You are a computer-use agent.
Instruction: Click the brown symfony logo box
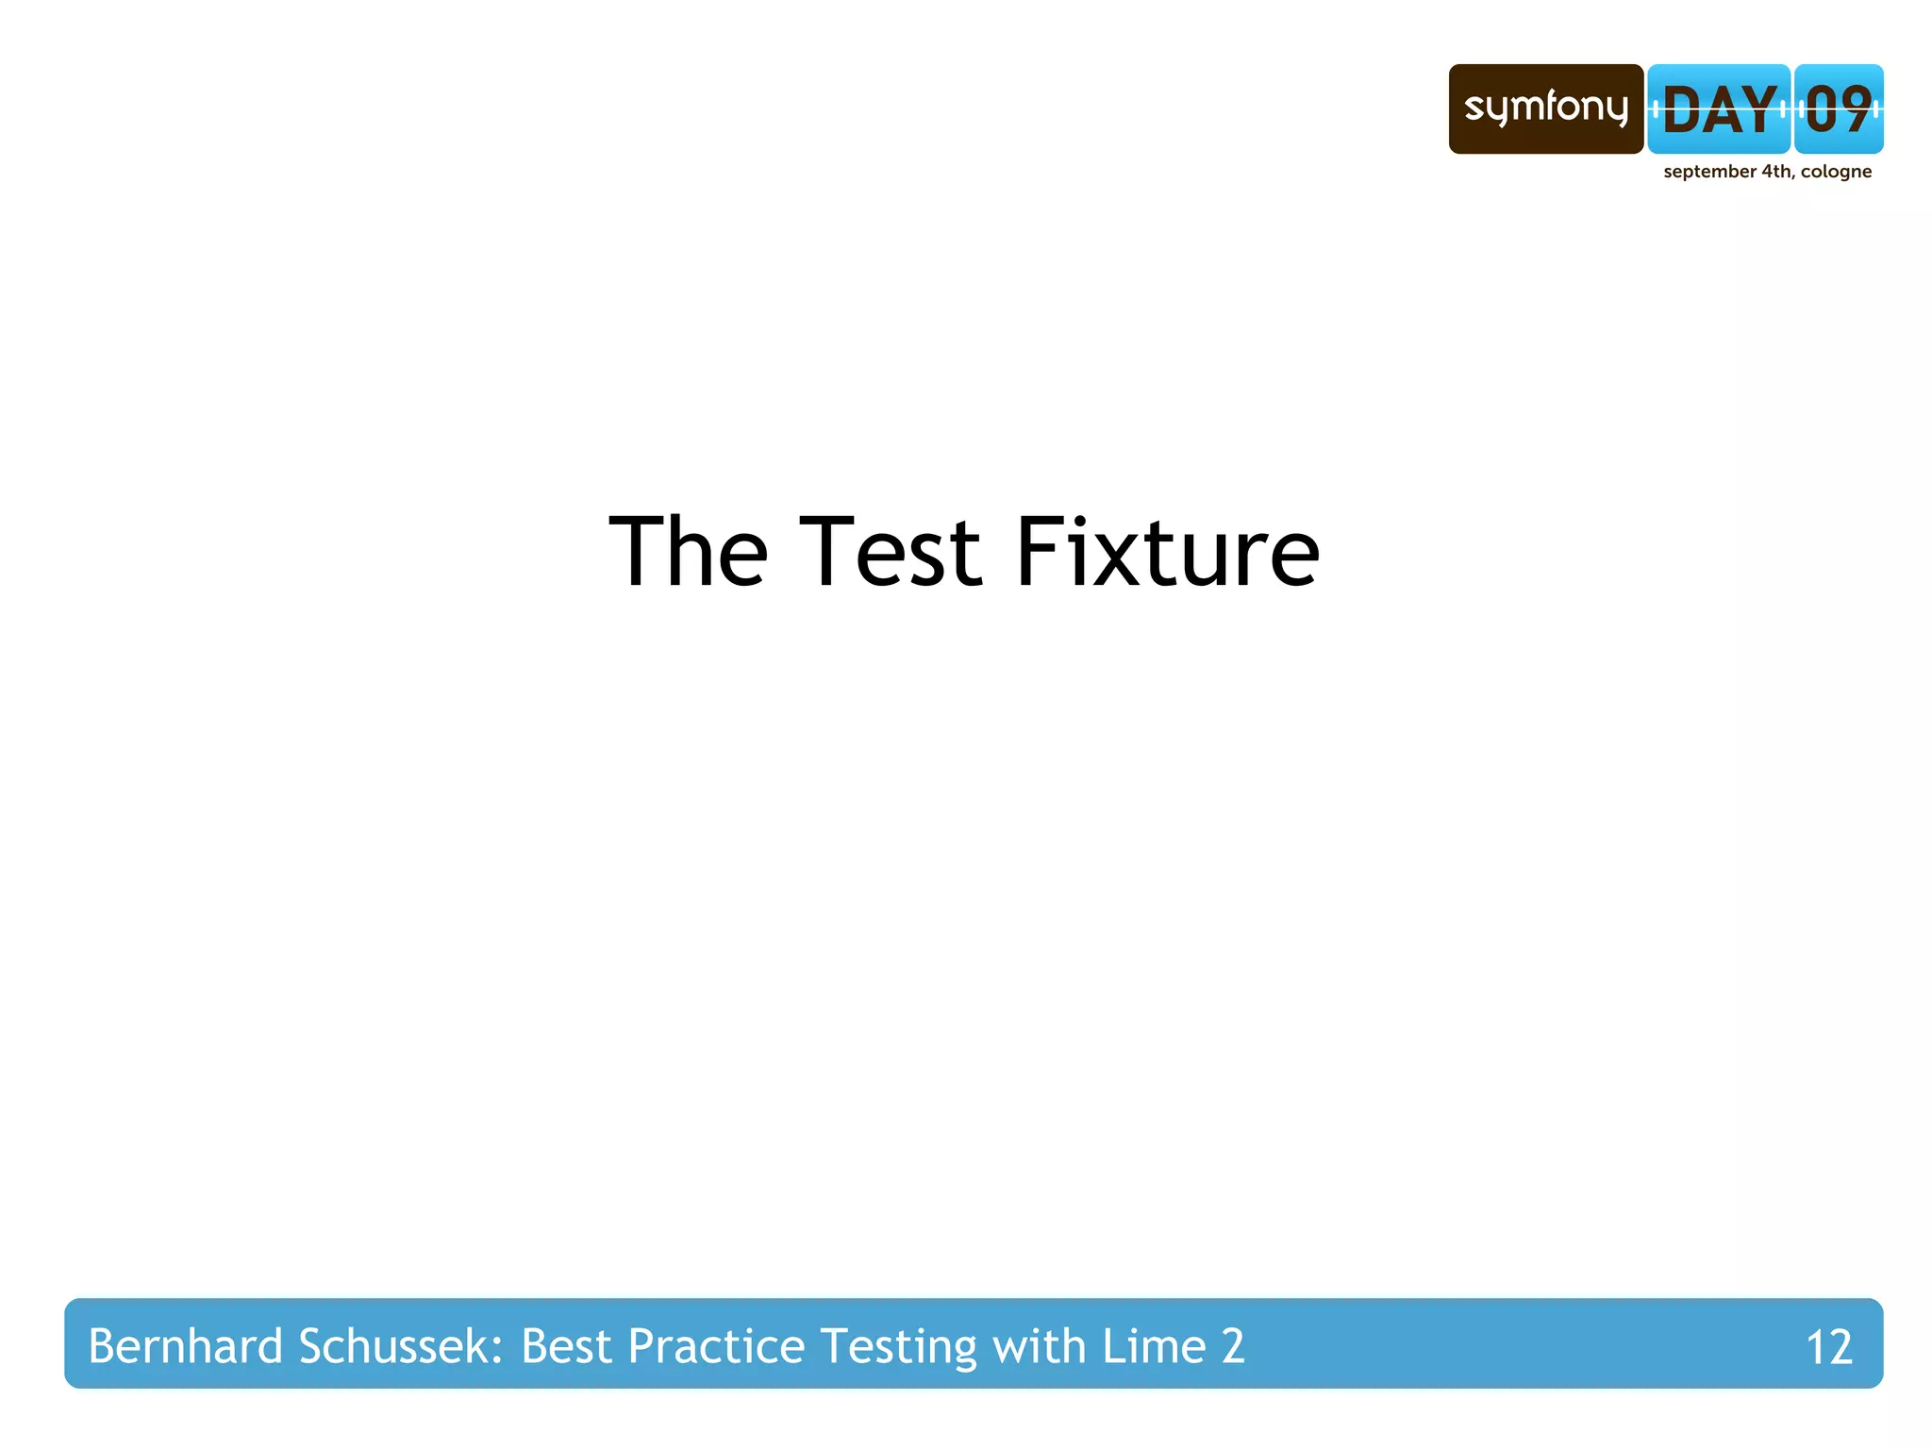[1545, 108]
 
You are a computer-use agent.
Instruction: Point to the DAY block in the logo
[1719, 109]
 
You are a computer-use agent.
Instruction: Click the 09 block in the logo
[1839, 109]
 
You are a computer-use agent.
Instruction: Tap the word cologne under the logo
[1836, 172]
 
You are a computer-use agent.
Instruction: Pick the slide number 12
[1828, 1347]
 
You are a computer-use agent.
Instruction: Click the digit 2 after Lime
[1233, 1346]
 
